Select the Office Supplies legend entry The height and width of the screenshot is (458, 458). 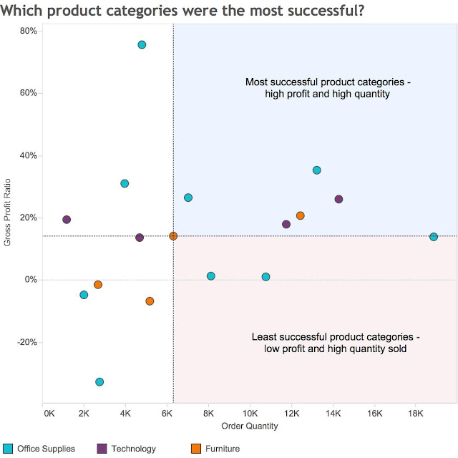[x=43, y=449]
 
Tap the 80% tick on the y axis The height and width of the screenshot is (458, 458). [x=29, y=31]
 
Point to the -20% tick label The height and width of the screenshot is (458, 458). [x=26, y=342]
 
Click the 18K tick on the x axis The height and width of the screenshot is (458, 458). [x=414, y=414]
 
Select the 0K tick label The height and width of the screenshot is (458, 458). [x=48, y=414]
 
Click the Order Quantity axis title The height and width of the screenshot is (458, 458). [x=250, y=426]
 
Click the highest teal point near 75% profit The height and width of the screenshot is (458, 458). [x=142, y=44]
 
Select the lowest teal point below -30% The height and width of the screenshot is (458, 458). [x=99, y=382]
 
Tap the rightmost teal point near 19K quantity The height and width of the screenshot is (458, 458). [x=434, y=237]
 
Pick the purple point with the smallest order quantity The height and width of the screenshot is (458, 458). [x=67, y=220]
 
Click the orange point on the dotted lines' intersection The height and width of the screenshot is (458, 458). [x=173, y=236]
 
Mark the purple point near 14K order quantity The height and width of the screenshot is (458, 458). [x=338, y=199]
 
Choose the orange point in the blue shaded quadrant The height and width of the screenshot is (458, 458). [x=301, y=215]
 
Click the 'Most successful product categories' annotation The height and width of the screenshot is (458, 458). [x=327, y=88]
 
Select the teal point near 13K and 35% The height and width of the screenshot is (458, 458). [x=317, y=170]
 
